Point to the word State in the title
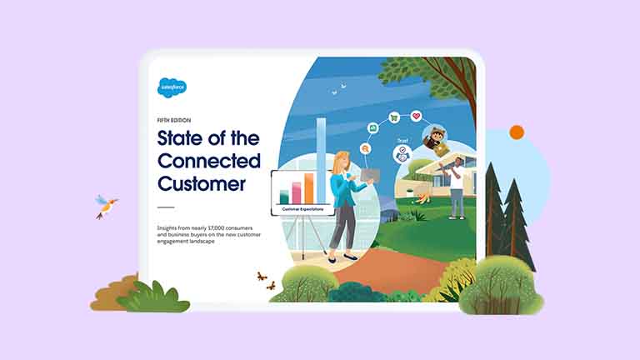182,138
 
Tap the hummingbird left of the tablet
106,205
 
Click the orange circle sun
517,132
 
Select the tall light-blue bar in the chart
321,158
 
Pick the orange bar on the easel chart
308,187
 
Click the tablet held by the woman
369,176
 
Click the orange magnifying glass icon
365,148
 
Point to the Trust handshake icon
402,154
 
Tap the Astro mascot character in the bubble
436,139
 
